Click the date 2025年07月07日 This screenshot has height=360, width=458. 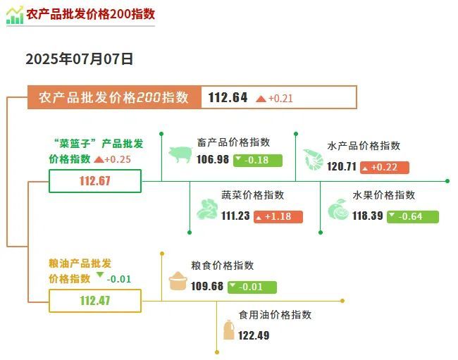tap(79, 59)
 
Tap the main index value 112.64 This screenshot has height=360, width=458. tap(228, 97)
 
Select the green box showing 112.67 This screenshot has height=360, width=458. tap(95, 181)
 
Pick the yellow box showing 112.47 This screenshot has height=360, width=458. tap(95, 301)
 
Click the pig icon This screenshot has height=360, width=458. tap(180, 154)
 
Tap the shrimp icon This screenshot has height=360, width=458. tap(313, 159)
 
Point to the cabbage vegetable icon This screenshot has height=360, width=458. tap(207, 209)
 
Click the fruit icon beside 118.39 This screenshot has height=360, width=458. tap(338, 209)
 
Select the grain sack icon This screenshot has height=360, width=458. tap(178, 281)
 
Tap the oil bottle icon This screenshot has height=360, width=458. tap(229, 330)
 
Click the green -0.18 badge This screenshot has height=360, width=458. tap(258, 161)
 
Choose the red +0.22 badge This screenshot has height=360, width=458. tap(385, 167)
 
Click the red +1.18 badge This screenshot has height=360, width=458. tap(278, 217)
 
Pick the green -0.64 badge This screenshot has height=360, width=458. tap(413, 217)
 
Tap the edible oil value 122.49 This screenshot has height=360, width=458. tap(254, 335)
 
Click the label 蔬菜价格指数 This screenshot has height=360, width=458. tap(253, 195)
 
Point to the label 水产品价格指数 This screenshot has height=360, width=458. tap(364, 145)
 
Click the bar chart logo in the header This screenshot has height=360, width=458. tap(15, 15)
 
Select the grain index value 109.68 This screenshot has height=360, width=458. tap(207, 286)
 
